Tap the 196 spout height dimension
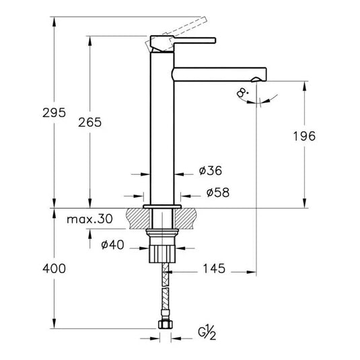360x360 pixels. tap(304, 136)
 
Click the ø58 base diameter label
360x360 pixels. tap(217, 193)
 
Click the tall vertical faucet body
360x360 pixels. tap(161, 128)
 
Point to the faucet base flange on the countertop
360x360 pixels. tap(161, 206)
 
